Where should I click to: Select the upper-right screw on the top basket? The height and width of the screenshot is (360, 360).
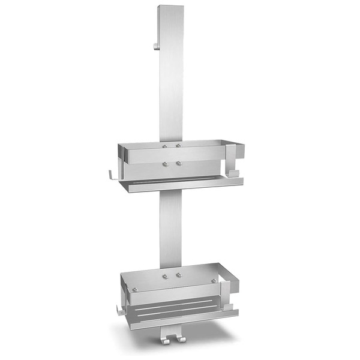(178, 146)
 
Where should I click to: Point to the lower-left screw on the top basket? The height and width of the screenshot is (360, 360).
(165, 163)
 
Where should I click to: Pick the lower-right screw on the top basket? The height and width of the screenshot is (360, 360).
(178, 163)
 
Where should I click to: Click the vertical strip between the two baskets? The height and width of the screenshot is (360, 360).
(172, 228)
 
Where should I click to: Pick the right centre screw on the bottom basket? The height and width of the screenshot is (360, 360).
(179, 276)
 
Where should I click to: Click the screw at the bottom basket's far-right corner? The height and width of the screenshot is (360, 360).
(213, 281)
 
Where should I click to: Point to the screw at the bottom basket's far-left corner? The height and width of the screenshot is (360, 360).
(136, 289)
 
